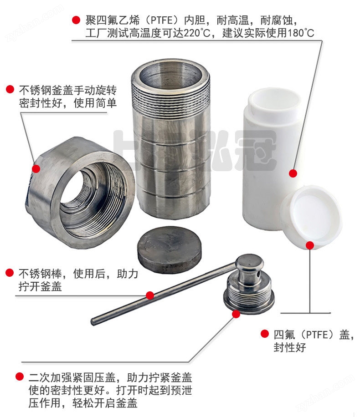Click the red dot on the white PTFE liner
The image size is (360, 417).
[293, 173]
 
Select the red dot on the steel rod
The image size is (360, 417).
[150, 295]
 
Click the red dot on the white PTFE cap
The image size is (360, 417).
[310, 245]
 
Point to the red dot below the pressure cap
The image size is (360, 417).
[236, 314]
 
